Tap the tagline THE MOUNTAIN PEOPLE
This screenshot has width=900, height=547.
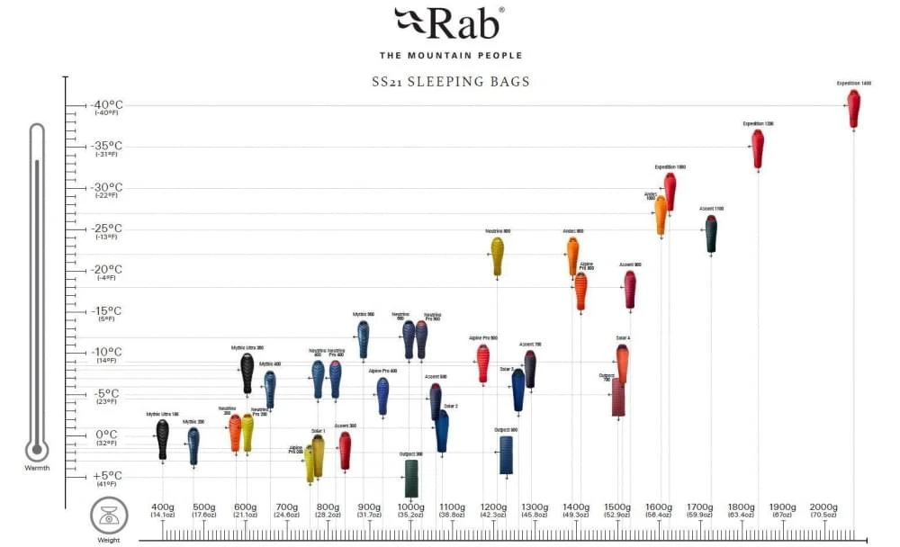click(449, 55)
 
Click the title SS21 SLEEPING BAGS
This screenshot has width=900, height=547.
click(451, 82)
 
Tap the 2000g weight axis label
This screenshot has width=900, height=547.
click(823, 507)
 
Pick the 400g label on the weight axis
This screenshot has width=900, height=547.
click(163, 507)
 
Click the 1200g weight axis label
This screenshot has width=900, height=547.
click(493, 507)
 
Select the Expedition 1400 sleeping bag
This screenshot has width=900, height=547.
click(853, 108)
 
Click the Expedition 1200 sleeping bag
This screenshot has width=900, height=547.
click(758, 148)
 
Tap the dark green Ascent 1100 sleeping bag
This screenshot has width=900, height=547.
click(711, 234)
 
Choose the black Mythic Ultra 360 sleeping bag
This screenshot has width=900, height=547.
click(247, 372)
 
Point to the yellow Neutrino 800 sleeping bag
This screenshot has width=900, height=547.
click(498, 256)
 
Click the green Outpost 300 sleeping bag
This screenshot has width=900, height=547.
click(411, 477)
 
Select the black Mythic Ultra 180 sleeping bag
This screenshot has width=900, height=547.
click(162, 439)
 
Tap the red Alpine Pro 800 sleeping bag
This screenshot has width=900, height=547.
click(580, 291)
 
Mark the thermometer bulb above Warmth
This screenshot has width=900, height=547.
click(37, 449)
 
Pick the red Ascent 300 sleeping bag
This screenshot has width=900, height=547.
click(345, 449)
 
